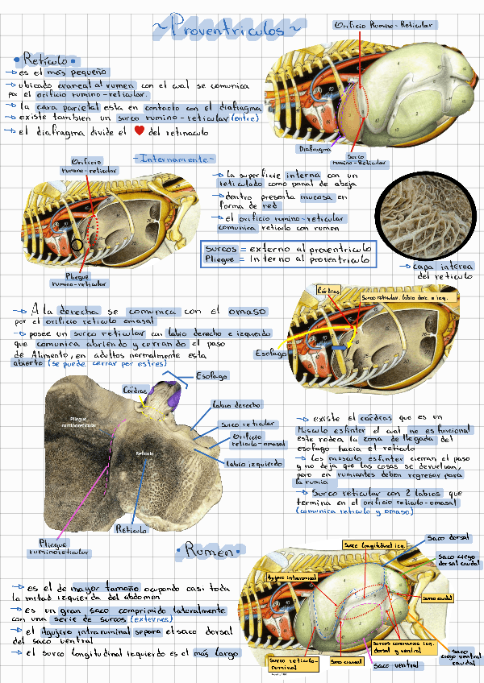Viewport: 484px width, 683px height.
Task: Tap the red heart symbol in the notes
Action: [x=139, y=130]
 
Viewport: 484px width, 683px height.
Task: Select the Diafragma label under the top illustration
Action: [x=315, y=149]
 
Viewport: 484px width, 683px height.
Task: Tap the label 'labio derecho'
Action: [x=236, y=405]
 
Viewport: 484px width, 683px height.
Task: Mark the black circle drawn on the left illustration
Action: [x=77, y=243]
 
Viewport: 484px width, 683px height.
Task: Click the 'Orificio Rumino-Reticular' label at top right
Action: [x=385, y=25]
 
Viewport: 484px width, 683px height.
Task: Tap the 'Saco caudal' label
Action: [x=439, y=598]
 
